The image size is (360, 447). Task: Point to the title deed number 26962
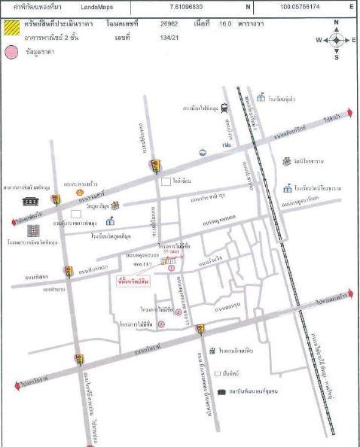point(169,24)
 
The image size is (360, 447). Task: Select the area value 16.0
point(224,24)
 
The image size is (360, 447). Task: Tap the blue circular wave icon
point(203,152)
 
